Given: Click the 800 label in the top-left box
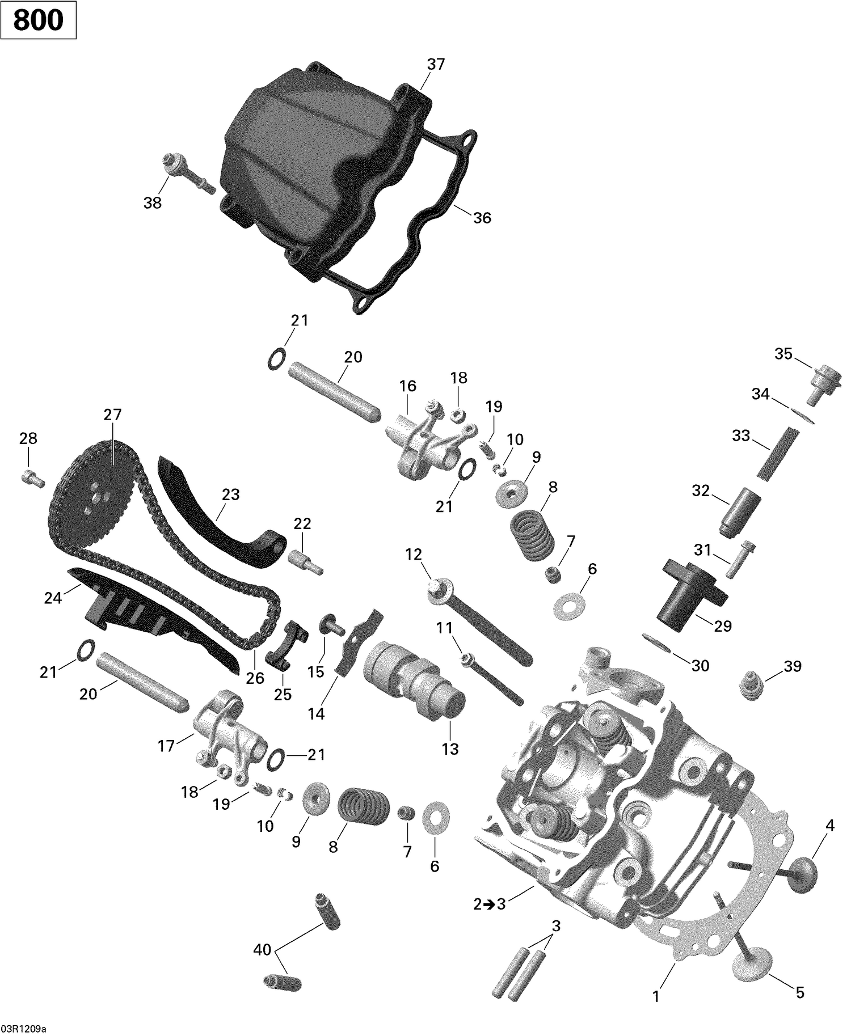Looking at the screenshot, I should coord(37,20).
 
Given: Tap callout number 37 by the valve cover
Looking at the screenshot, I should coord(436,65).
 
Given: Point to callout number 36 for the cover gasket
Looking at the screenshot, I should coord(482,218).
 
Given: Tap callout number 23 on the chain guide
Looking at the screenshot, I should coord(230,494).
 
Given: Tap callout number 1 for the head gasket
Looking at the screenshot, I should coord(656,996).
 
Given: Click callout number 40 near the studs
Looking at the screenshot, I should coord(262,949).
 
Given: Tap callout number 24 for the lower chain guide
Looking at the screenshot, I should coord(53,597).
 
